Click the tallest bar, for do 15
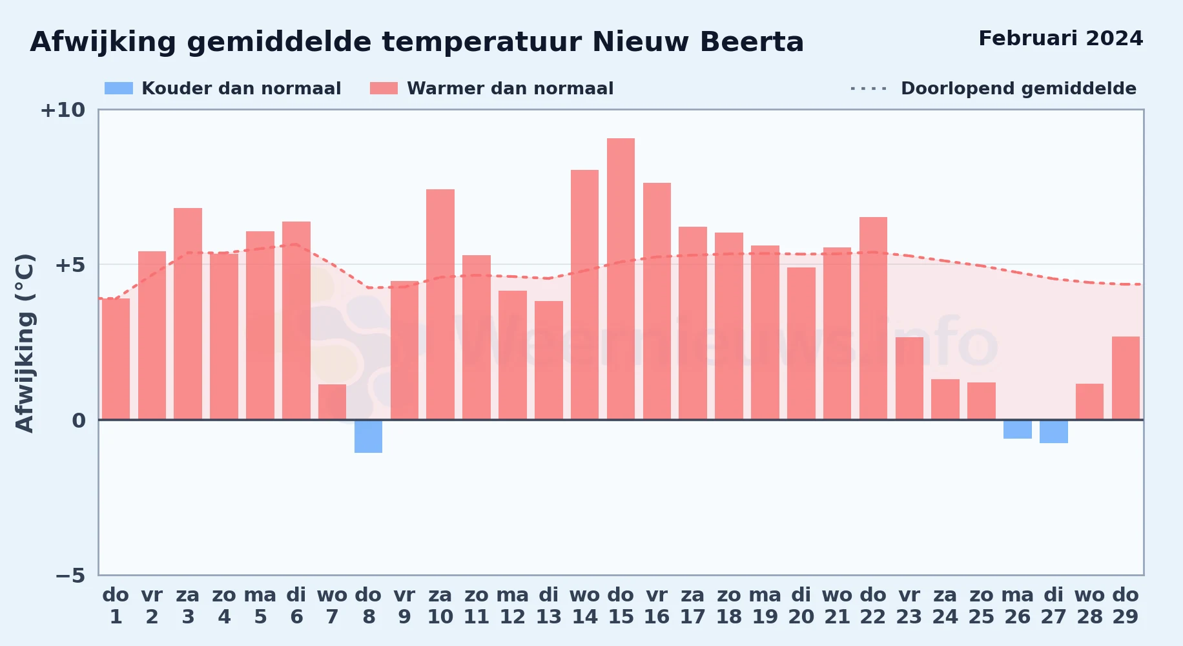[621, 279]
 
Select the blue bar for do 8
[368, 436]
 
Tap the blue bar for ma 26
[1018, 429]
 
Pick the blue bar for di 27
[1054, 432]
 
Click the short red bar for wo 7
[332, 402]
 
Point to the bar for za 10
[440, 304]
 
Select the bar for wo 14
[584, 295]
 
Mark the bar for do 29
[1126, 378]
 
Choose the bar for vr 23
[909, 379]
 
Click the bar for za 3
[188, 314]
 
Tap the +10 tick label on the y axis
[63, 110]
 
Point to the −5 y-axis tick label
[70, 575]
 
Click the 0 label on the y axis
[79, 421]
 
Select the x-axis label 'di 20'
[801, 606]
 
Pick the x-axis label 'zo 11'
[477, 606]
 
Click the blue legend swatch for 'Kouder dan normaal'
[119, 89]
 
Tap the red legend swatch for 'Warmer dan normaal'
[384, 89]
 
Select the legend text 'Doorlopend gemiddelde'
[1018, 89]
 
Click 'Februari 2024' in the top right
[1061, 39]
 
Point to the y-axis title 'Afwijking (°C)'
[25, 342]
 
